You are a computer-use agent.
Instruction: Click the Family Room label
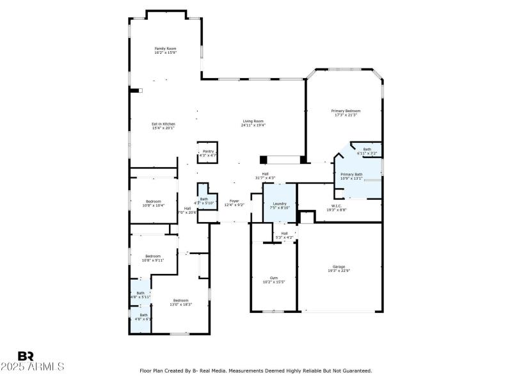point(165,51)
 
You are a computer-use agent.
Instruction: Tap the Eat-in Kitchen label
point(163,125)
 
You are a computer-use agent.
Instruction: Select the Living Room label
point(253,123)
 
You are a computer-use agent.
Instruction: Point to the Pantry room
point(208,153)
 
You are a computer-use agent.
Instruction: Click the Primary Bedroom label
point(345,113)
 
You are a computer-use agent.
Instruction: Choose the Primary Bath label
point(351,176)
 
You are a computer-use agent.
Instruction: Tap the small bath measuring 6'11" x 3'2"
point(368,151)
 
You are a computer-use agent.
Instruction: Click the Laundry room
point(280,205)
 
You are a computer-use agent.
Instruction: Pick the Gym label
point(273,280)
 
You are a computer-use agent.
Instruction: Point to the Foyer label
point(234,203)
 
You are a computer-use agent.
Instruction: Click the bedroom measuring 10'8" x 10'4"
point(153,204)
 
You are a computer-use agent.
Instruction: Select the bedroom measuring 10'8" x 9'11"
point(153,258)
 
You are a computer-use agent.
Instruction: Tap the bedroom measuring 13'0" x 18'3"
point(180,302)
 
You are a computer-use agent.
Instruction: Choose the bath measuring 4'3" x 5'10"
point(204,200)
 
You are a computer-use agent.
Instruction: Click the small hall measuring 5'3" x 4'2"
point(284,235)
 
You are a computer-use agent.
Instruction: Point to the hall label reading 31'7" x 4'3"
point(265,175)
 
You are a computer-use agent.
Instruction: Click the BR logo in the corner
point(26,356)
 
